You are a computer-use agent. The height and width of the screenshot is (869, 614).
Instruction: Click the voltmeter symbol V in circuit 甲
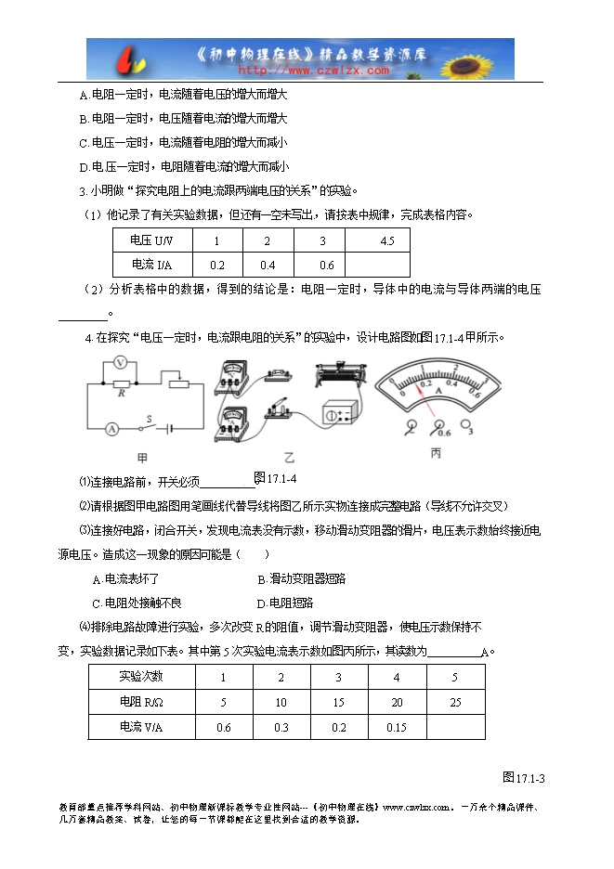point(119,362)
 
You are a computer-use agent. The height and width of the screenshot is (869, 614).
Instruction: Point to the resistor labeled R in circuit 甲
point(121,381)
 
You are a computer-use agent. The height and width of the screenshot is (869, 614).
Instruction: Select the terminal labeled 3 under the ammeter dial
point(470,430)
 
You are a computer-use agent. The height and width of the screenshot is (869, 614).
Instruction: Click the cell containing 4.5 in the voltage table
point(387,240)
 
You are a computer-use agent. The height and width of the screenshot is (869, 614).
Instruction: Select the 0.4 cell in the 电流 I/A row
point(268,264)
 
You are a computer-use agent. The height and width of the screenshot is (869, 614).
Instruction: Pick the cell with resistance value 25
point(454,702)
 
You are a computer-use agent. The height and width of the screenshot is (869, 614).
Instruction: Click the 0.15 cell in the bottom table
point(396,727)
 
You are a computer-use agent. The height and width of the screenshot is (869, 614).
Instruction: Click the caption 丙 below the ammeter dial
point(436,453)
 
